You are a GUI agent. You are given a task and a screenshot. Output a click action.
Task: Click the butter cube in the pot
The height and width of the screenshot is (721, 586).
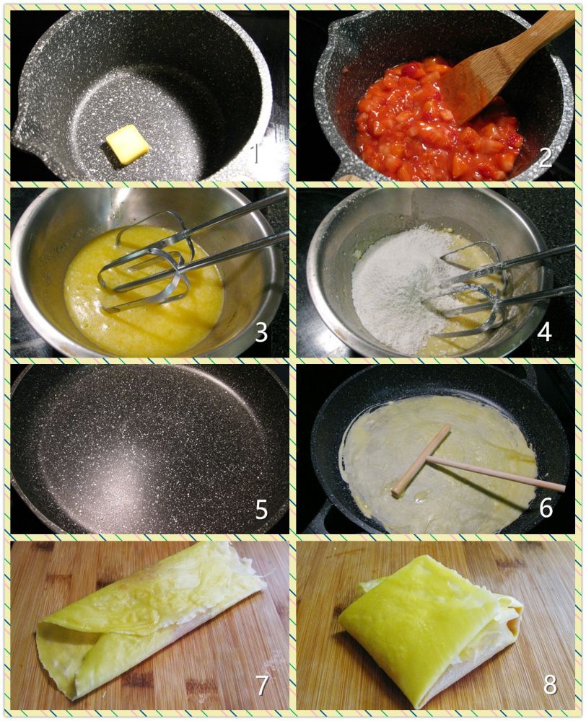[127, 144]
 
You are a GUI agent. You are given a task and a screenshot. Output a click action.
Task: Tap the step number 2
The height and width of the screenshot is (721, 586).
[545, 158]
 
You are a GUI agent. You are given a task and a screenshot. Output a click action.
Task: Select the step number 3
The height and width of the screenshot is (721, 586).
[261, 332]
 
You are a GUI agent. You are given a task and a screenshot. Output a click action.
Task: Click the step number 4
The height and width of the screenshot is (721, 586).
[544, 332]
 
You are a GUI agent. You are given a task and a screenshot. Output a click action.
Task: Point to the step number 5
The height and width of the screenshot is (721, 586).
[261, 509]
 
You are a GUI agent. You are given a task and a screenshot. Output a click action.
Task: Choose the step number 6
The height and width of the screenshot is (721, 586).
[546, 508]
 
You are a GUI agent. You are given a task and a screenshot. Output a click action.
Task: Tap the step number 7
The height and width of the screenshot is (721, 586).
[261, 685]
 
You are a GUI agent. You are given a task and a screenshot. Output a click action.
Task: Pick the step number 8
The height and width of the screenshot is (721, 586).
[550, 685]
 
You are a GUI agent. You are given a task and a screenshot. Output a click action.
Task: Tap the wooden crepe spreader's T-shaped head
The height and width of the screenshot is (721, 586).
[421, 461]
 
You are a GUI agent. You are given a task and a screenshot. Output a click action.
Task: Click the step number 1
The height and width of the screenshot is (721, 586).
[257, 154]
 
